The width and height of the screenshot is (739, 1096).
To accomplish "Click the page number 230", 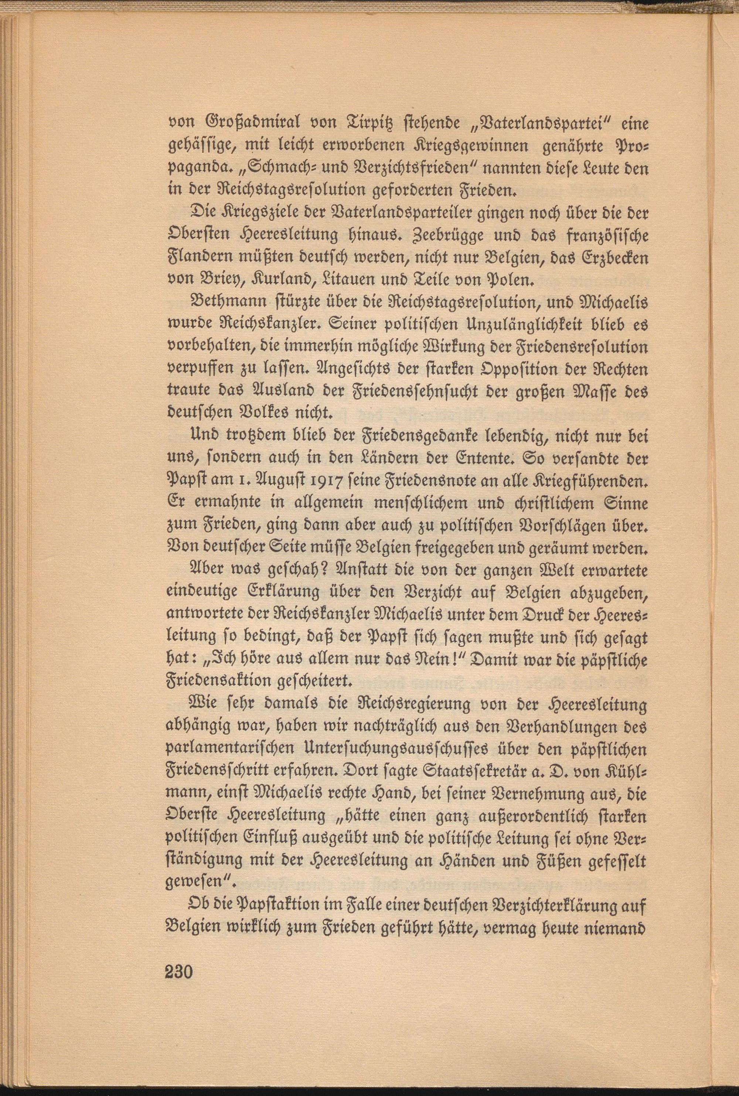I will [x=179, y=1023].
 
